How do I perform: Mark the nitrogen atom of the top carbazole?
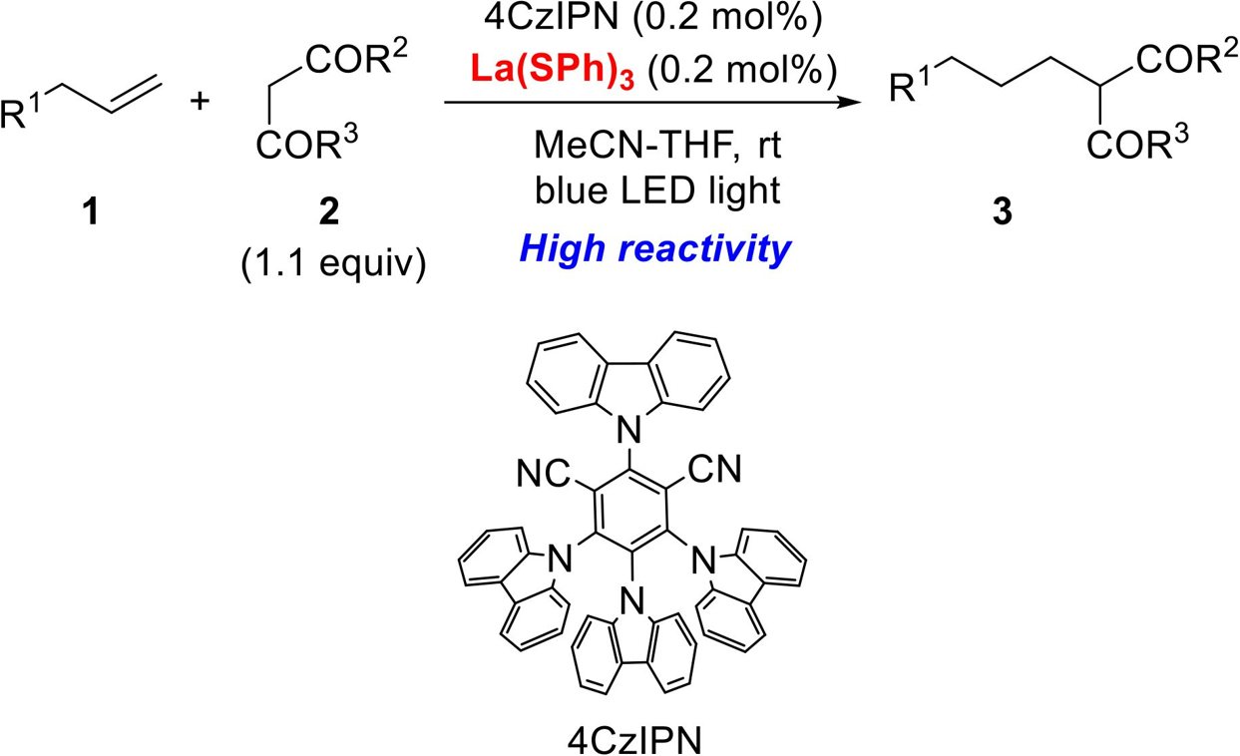click(626, 429)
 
